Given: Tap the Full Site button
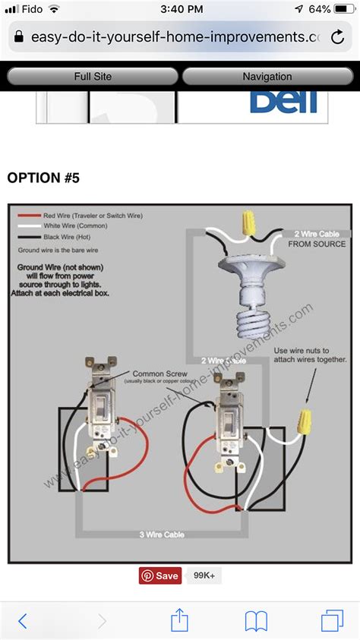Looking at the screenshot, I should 93,77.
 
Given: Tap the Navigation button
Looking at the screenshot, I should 267,77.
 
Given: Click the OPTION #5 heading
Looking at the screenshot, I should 43,178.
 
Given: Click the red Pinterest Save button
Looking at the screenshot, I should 160,575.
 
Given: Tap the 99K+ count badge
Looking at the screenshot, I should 204,575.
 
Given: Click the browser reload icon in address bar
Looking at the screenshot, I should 337,36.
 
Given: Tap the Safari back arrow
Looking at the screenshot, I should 23,620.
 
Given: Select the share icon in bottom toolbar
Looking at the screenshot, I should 179,620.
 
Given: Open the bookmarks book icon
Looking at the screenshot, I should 256,620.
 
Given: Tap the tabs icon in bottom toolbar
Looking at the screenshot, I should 332,620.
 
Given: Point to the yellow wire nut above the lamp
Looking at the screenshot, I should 245,223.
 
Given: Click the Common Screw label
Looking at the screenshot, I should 156,374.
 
